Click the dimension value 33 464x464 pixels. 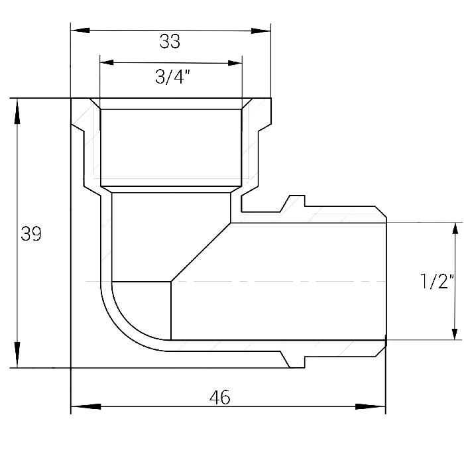(170, 41)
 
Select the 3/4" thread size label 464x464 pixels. (172, 77)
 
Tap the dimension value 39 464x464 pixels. (31, 234)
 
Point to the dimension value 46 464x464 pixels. (219, 397)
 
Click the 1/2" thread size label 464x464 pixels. (437, 281)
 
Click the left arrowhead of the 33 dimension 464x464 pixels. (80, 30)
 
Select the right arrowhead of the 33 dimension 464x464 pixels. (261, 30)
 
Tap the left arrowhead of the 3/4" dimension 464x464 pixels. (107, 62)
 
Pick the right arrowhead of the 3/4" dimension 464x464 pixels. (235, 63)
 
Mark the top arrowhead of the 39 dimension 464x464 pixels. (17, 111)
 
